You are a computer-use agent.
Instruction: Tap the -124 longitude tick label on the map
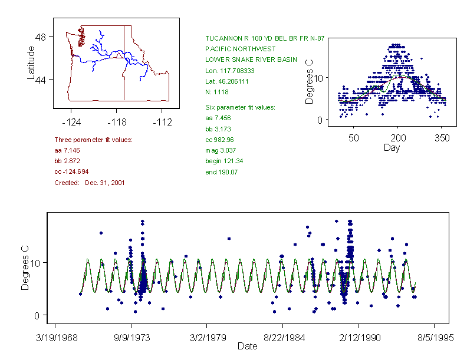pyautogui.click(x=71, y=123)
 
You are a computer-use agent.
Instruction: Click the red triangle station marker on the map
pyautogui.click(x=119, y=55)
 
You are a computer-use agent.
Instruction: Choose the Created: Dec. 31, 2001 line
pyautogui.click(x=89, y=183)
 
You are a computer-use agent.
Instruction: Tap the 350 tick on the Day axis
pyautogui.click(x=442, y=138)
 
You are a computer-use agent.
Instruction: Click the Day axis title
pyautogui.click(x=392, y=148)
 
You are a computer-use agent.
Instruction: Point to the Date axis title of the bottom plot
pyautogui.click(x=248, y=346)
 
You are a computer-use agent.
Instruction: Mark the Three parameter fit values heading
pyautogui.click(x=93, y=140)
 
